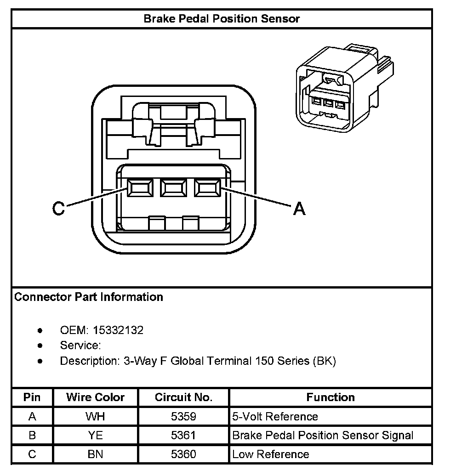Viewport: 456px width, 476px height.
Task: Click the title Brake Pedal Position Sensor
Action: tap(222, 19)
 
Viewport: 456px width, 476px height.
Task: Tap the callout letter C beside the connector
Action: tap(58, 210)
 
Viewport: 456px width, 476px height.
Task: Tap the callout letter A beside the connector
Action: tap(299, 210)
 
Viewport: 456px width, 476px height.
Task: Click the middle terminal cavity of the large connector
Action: tap(173, 188)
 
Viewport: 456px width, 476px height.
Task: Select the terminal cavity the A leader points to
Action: tap(207, 188)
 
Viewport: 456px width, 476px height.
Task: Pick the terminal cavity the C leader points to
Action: tap(139, 188)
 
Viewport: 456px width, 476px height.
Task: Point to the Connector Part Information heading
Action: tap(89, 297)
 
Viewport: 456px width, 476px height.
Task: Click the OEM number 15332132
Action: tap(118, 330)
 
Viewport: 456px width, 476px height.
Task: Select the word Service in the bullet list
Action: tap(80, 346)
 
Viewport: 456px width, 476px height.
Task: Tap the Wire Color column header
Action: tap(95, 397)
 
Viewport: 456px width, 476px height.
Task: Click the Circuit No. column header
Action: tap(183, 397)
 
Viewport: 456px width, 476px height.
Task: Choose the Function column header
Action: tap(331, 397)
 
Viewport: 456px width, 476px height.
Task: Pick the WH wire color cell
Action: tap(95, 417)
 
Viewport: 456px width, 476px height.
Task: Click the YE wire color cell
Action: tap(95, 436)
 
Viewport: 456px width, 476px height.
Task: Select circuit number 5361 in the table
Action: tap(183, 436)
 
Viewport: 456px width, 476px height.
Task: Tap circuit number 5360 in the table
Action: tap(183, 454)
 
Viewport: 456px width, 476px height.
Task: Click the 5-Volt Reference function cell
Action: tap(275, 417)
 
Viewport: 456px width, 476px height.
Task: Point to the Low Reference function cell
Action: tap(271, 454)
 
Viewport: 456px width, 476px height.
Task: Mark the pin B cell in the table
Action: tap(32, 436)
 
